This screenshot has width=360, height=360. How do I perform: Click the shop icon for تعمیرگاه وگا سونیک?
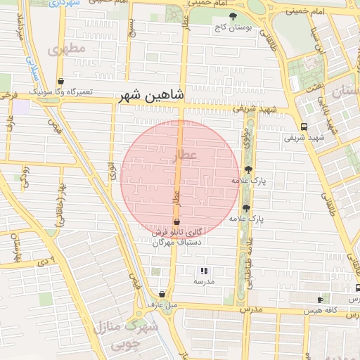(x=61, y=82)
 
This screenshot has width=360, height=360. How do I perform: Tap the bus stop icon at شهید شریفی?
(x=304, y=127)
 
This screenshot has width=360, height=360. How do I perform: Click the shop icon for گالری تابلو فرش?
(x=176, y=221)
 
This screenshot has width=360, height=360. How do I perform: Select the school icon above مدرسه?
(x=204, y=271)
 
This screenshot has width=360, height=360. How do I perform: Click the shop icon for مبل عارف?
(x=162, y=295)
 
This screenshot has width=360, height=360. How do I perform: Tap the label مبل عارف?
(x=161, y=304)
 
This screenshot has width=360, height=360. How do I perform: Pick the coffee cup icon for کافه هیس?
(x=321, y=300)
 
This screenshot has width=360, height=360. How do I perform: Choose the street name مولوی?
(x=246, y=138)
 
